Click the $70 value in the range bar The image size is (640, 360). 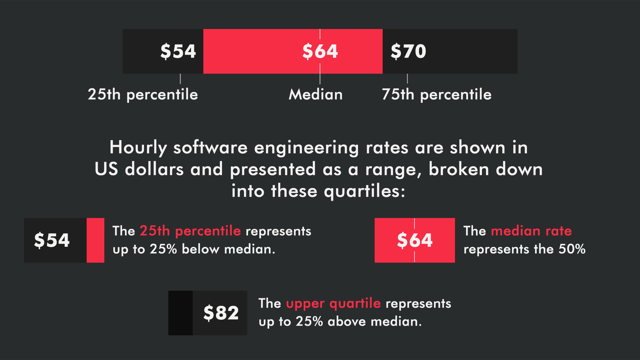click(x=408, y=51)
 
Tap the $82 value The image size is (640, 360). click(x=221, y=313)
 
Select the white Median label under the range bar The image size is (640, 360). click(x=316, y=94)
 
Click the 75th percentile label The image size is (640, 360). click(x=437, y=95)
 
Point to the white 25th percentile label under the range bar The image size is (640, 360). click(x=143, y=95)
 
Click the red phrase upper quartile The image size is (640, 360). click(x=333, y=304)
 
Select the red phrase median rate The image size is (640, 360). click(x=531, y=231)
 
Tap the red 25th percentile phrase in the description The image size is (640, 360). click(x=190, y=231)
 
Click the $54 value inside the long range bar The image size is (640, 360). click(x=178, y=51)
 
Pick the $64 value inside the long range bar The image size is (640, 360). click(x=320, y=51)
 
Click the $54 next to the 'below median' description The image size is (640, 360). click(x=52, y=240)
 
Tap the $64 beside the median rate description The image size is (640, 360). click(x=415, y=240)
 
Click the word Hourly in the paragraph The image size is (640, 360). click(x=138, y=148)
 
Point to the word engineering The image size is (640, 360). click(x=306, y=148)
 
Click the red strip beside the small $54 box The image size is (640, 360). click(x=95, y=240)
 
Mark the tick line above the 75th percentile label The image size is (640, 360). click(x=407, y=79)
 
